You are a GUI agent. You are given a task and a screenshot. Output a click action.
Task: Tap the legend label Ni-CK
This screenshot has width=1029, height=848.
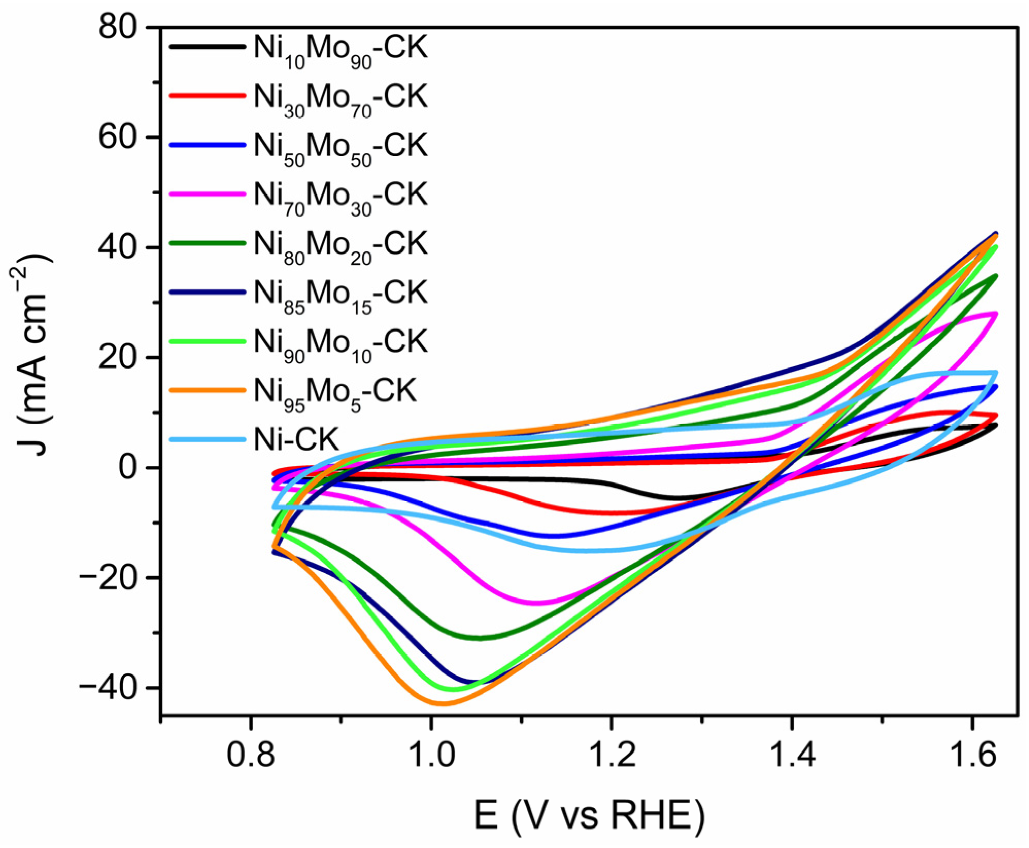[296, 439]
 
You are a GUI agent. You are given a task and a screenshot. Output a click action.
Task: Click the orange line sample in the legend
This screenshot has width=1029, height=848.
[207, 390]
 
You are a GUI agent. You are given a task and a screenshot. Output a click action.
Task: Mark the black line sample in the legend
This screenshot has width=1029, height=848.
[207, 46]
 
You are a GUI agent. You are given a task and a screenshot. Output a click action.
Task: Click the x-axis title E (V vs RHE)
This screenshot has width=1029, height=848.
[589, 816]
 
